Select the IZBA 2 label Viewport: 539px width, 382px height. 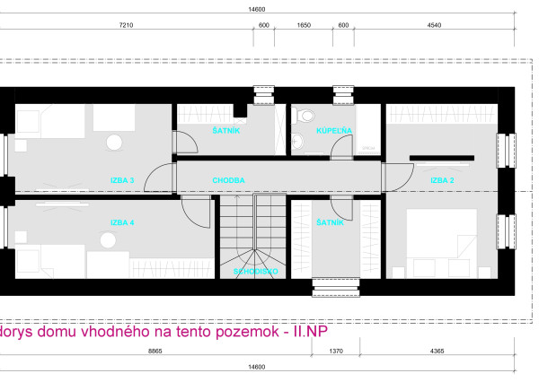pos(441,180)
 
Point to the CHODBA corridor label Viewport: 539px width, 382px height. pos(228,180)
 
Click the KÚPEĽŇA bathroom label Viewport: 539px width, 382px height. pos(333,131)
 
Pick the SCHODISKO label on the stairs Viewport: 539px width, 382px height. pos(255,270)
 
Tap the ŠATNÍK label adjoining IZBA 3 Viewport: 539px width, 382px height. pos(225,131)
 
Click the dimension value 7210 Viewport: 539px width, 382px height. pos(126,26)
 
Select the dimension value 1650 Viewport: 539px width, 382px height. pos(303,26)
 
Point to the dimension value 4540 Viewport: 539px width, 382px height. pos(435,26)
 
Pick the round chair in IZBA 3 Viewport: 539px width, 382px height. pos(113,142)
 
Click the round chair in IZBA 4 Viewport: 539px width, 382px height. pos(110,240)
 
